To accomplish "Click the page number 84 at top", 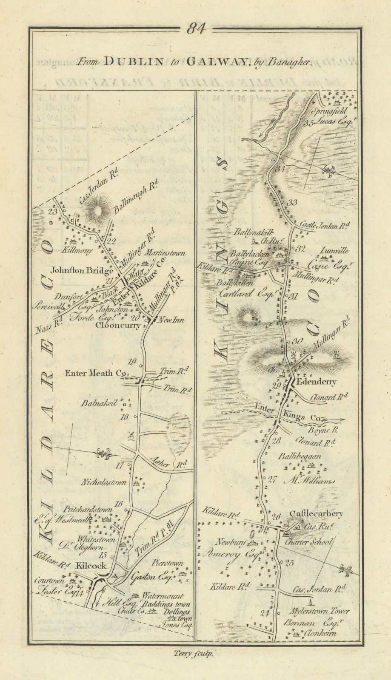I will (196, 29).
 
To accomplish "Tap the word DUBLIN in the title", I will (134, 62).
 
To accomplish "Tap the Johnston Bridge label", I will (82, 269).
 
